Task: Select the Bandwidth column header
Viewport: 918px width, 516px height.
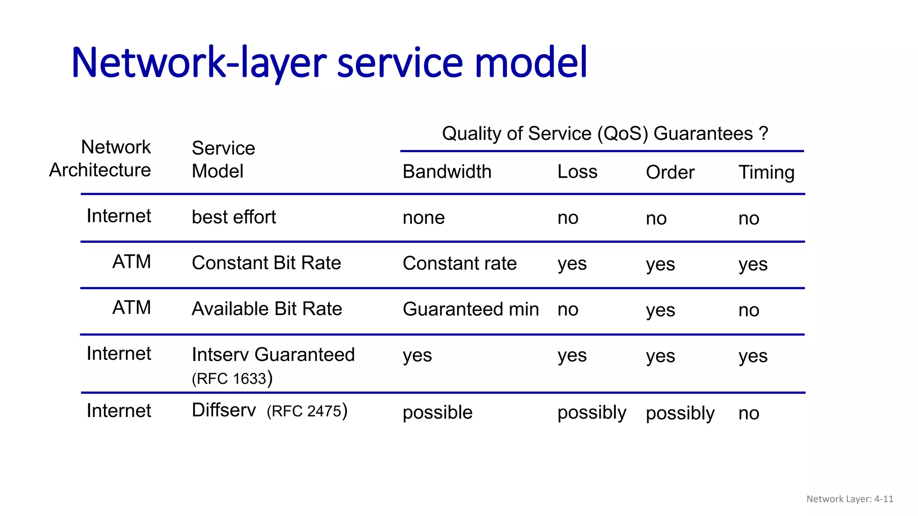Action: (447, 172)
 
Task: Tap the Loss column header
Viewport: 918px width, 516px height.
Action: (577, 172)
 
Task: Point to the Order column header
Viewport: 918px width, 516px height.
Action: (670, 172)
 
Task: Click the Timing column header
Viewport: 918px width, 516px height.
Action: (766, 172)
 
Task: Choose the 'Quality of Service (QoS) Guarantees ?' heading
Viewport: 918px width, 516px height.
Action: (605, 133)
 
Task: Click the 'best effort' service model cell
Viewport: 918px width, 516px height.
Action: (234, 217)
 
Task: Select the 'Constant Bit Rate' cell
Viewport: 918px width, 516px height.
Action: (266, 263)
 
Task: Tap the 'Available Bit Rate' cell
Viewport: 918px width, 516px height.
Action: (267, 309)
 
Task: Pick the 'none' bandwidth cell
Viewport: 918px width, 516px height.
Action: (424, 218)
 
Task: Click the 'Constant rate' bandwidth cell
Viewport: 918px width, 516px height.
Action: (459, 263)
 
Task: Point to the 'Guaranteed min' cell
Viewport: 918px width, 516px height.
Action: (471, 310)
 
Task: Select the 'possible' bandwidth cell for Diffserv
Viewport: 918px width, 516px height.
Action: (437, 413)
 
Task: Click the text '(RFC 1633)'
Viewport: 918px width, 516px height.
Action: (232, 378)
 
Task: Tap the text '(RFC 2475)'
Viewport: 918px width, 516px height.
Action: (307, 411)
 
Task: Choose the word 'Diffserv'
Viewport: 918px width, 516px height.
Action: (224, 410)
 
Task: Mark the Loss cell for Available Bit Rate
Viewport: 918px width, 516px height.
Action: (568, 310)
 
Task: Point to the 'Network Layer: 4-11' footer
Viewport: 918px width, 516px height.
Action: (850, 499)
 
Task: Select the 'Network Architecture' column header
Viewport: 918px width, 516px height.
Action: (100, 159)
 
